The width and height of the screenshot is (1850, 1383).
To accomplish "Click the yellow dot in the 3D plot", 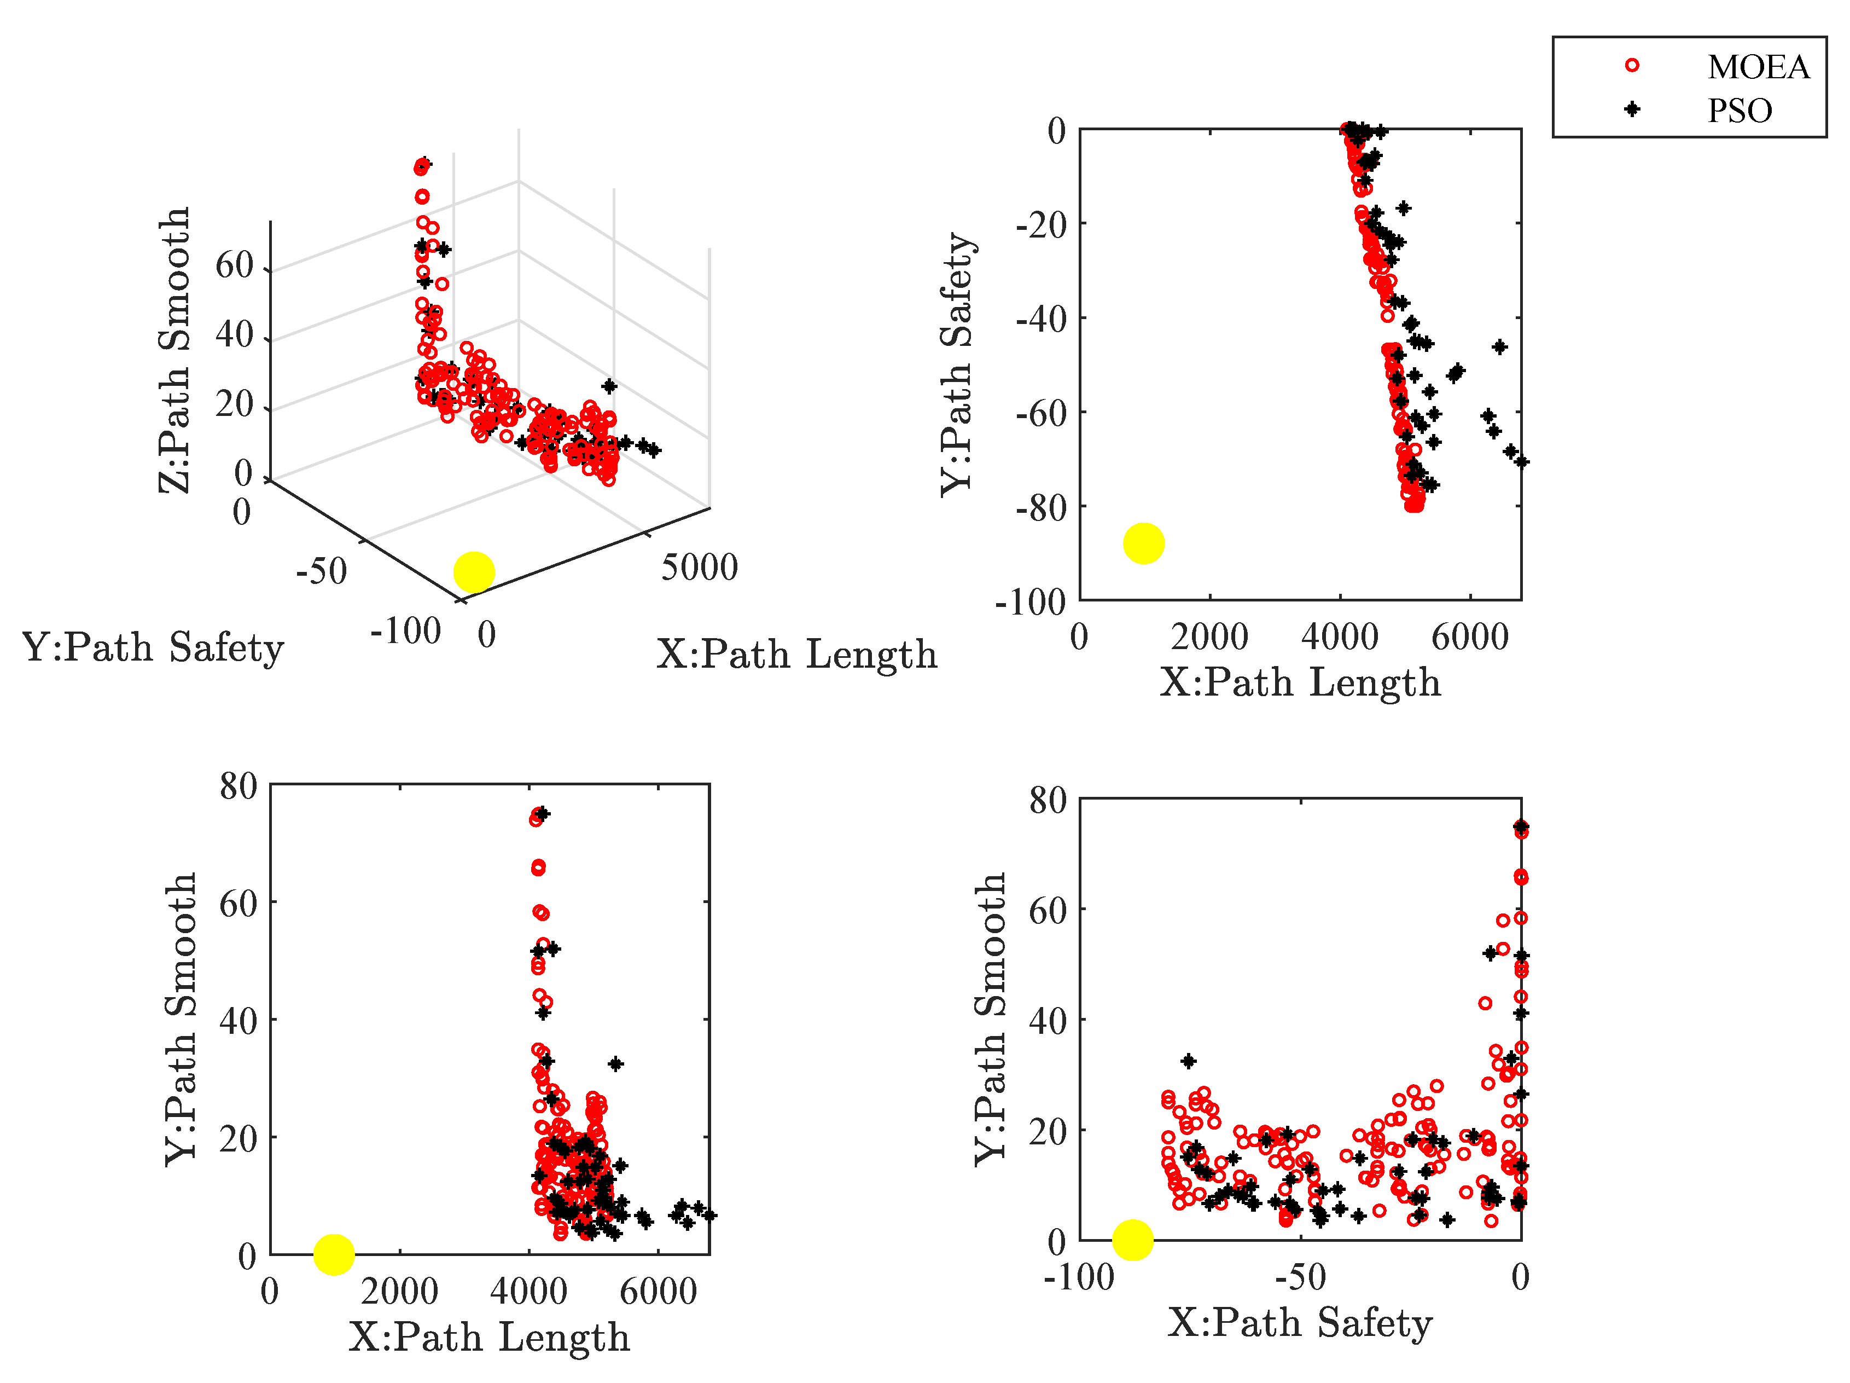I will [x=473, y=572].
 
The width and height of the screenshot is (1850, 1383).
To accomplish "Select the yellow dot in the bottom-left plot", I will [x=334, y=1253].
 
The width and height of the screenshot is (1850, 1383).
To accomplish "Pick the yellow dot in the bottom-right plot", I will [x=1132, y=1239].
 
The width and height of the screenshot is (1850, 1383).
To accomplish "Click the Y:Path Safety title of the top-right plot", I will [x=958, y=364].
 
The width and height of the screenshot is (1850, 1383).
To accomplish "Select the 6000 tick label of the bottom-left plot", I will [x=658, y=1292].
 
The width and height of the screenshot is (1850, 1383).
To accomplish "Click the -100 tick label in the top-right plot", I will [x=1031, y=601].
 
